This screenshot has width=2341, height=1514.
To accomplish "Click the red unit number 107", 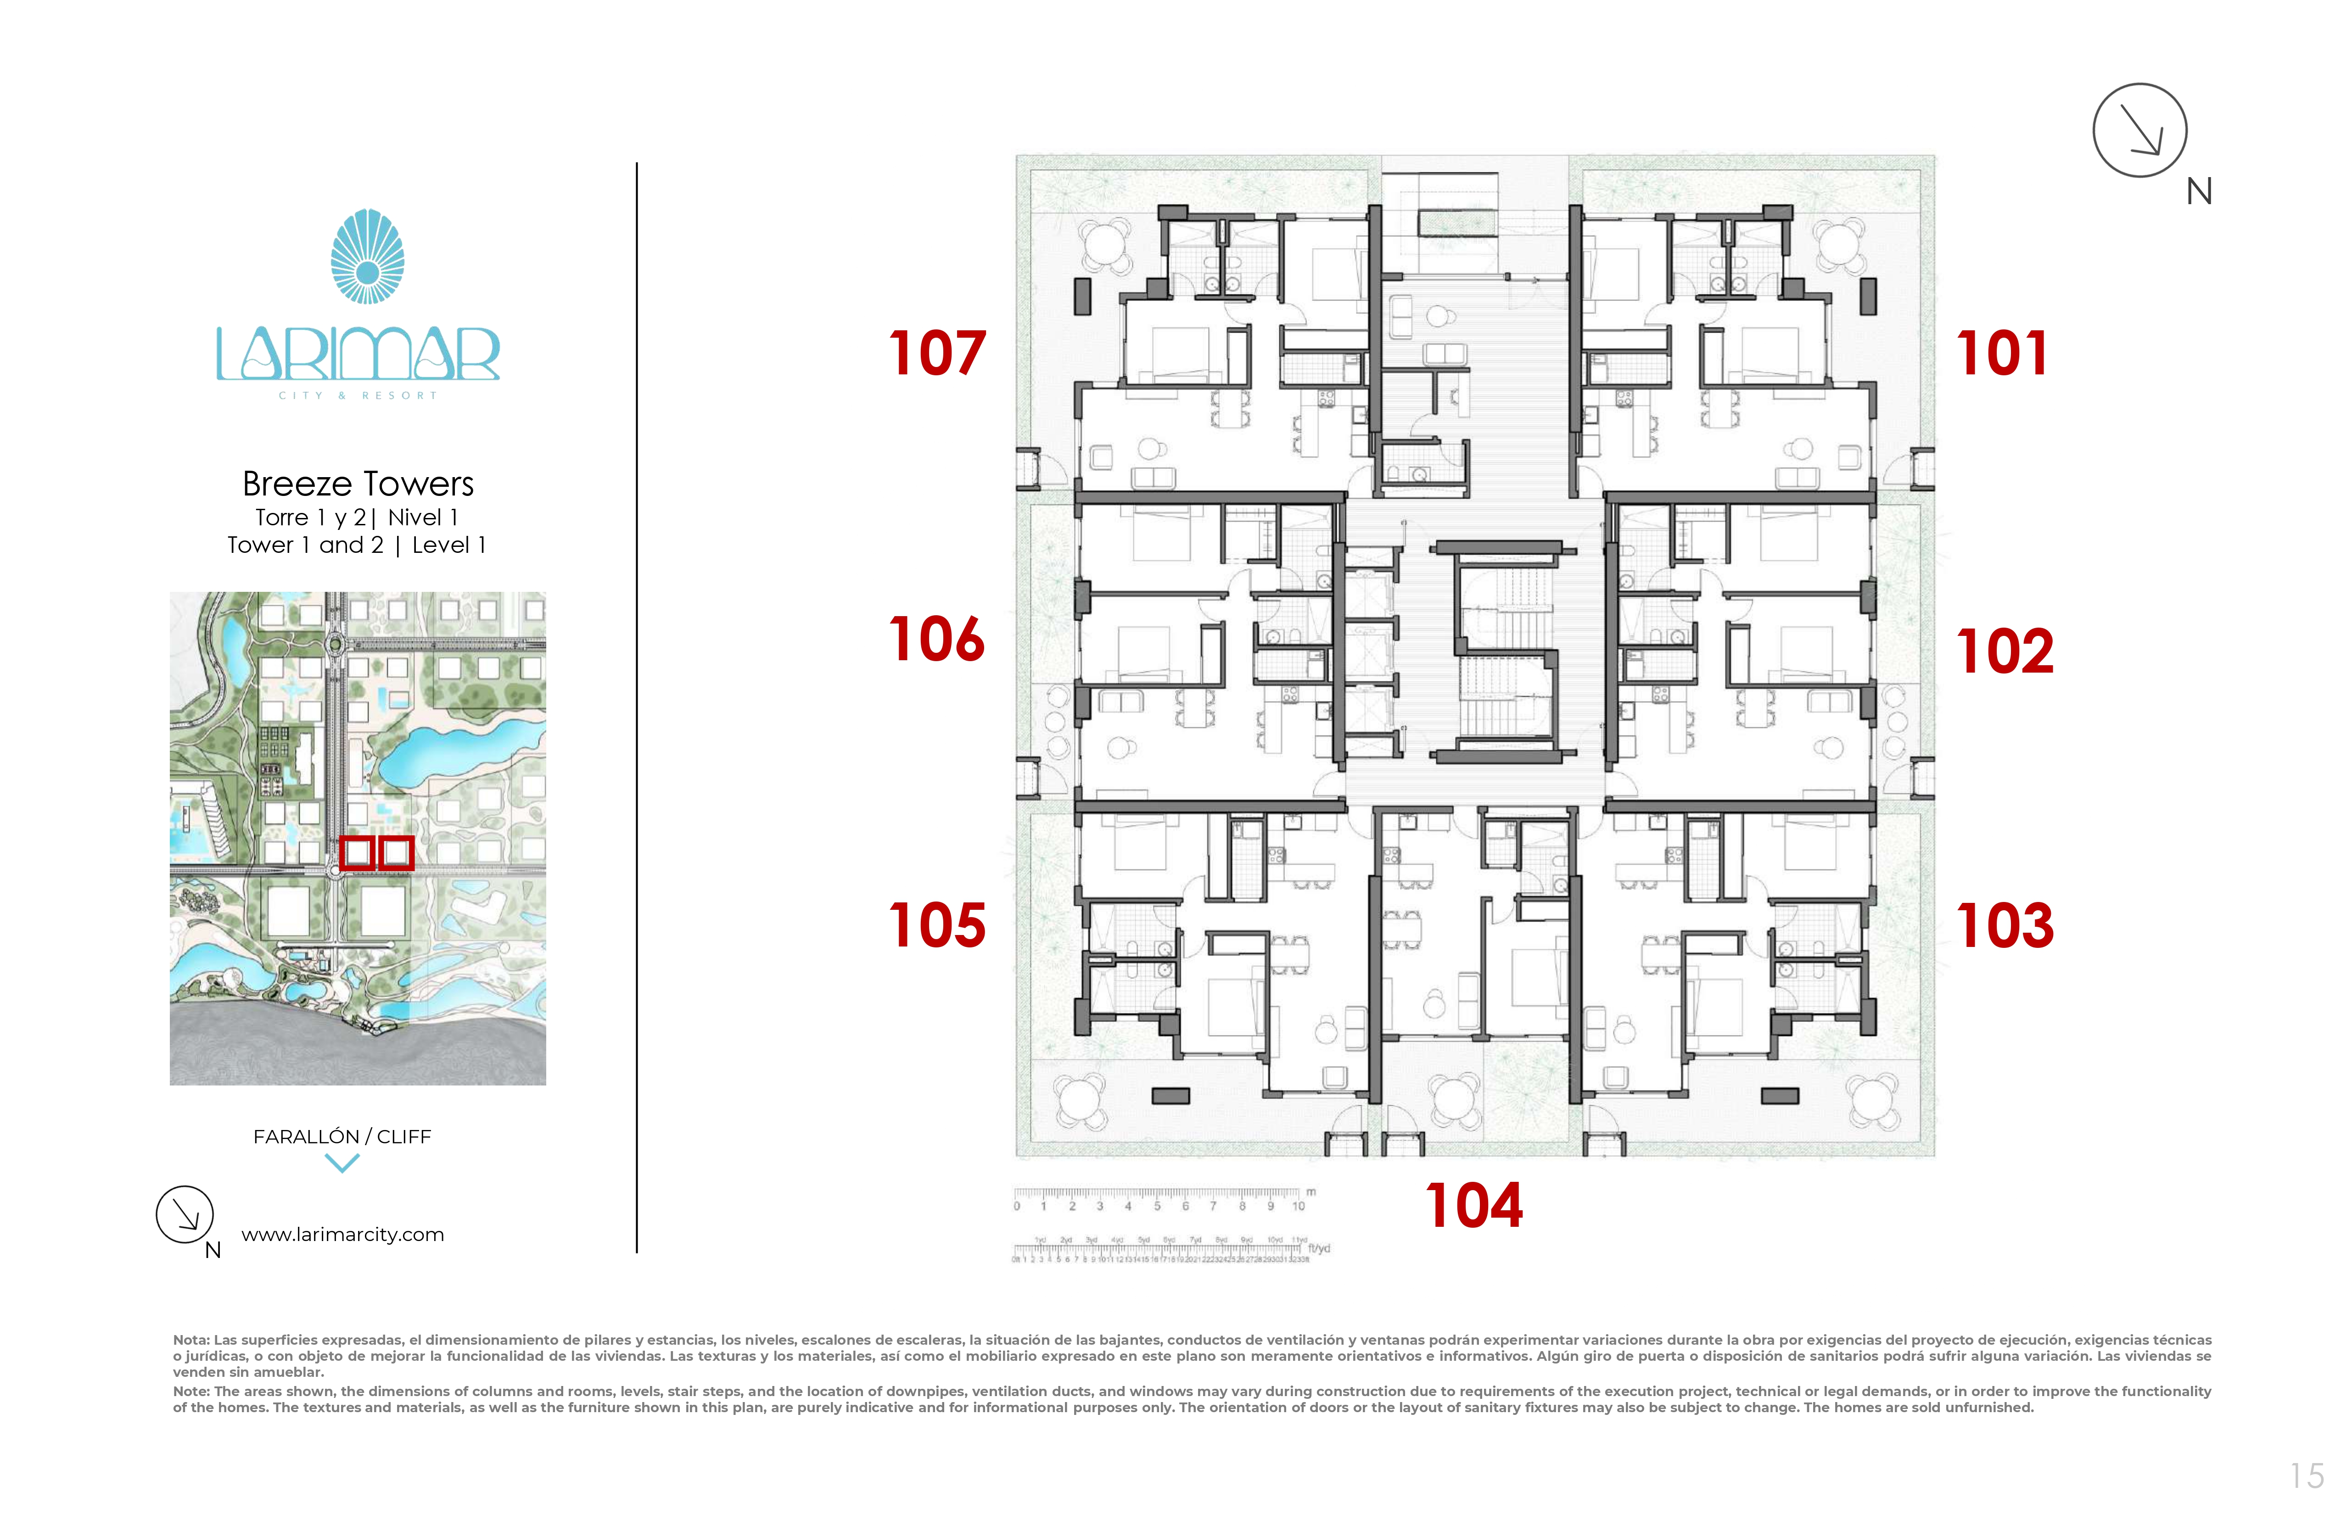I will (x=936, y=354).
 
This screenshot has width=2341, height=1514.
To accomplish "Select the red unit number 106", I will (x=936, y=640).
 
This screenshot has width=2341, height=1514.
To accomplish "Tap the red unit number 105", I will (x=936, y=926).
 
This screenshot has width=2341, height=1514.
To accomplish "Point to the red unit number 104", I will (x=1473, y=1206).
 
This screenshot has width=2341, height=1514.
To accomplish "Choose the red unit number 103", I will (x=2005, y=926).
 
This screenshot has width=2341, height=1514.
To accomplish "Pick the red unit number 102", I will (x=2005, y=652).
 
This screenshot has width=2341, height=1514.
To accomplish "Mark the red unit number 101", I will (x=2002, y=354).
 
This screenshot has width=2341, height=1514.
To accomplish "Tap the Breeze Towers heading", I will (x=358, y=484).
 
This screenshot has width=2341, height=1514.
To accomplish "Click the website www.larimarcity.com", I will (x=342, y=1235).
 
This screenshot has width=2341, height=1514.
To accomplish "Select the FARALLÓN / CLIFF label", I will (x=342, y=1136).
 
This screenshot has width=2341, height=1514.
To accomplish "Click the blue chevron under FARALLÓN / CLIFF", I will (x=342, y=1163).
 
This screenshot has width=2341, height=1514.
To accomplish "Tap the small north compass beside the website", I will (x=185, y=1215).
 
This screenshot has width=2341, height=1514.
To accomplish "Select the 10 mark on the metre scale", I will (x=1299, y=1206).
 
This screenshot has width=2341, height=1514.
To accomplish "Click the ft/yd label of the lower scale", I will (x=1319, y=1248).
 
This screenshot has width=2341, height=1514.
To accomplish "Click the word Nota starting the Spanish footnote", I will (x=191, y=1340).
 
